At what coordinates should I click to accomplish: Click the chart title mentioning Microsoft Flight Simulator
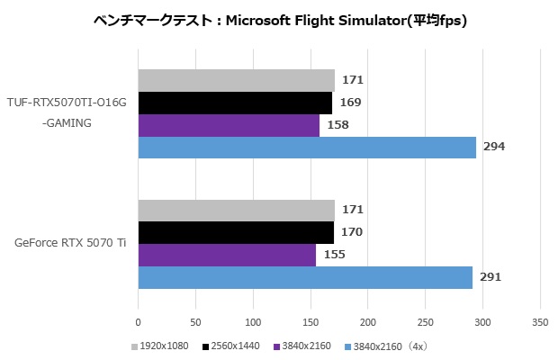[x=280, y=19]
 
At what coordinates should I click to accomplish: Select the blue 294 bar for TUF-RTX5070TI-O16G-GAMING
[x=307, y=148]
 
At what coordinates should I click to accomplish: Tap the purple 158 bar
[x=229, y=125]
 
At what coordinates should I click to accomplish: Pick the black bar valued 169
[x=235, y=103]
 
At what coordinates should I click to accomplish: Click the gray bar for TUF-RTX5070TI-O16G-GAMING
[x=236, y=80]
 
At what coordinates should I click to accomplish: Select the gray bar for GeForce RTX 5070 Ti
[x=236, y=211]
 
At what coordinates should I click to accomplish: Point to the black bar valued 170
[x=236, y=233]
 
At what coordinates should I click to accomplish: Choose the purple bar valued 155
[x=227, y=256]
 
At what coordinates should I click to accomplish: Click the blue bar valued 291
[x=305, y=277]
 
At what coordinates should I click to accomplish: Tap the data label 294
[x=494, y=148]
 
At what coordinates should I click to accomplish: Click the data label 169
[x=350, y=103]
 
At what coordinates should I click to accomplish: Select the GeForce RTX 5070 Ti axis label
[x=70, y=244]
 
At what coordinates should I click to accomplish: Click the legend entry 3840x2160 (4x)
[x=382, y=346]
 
